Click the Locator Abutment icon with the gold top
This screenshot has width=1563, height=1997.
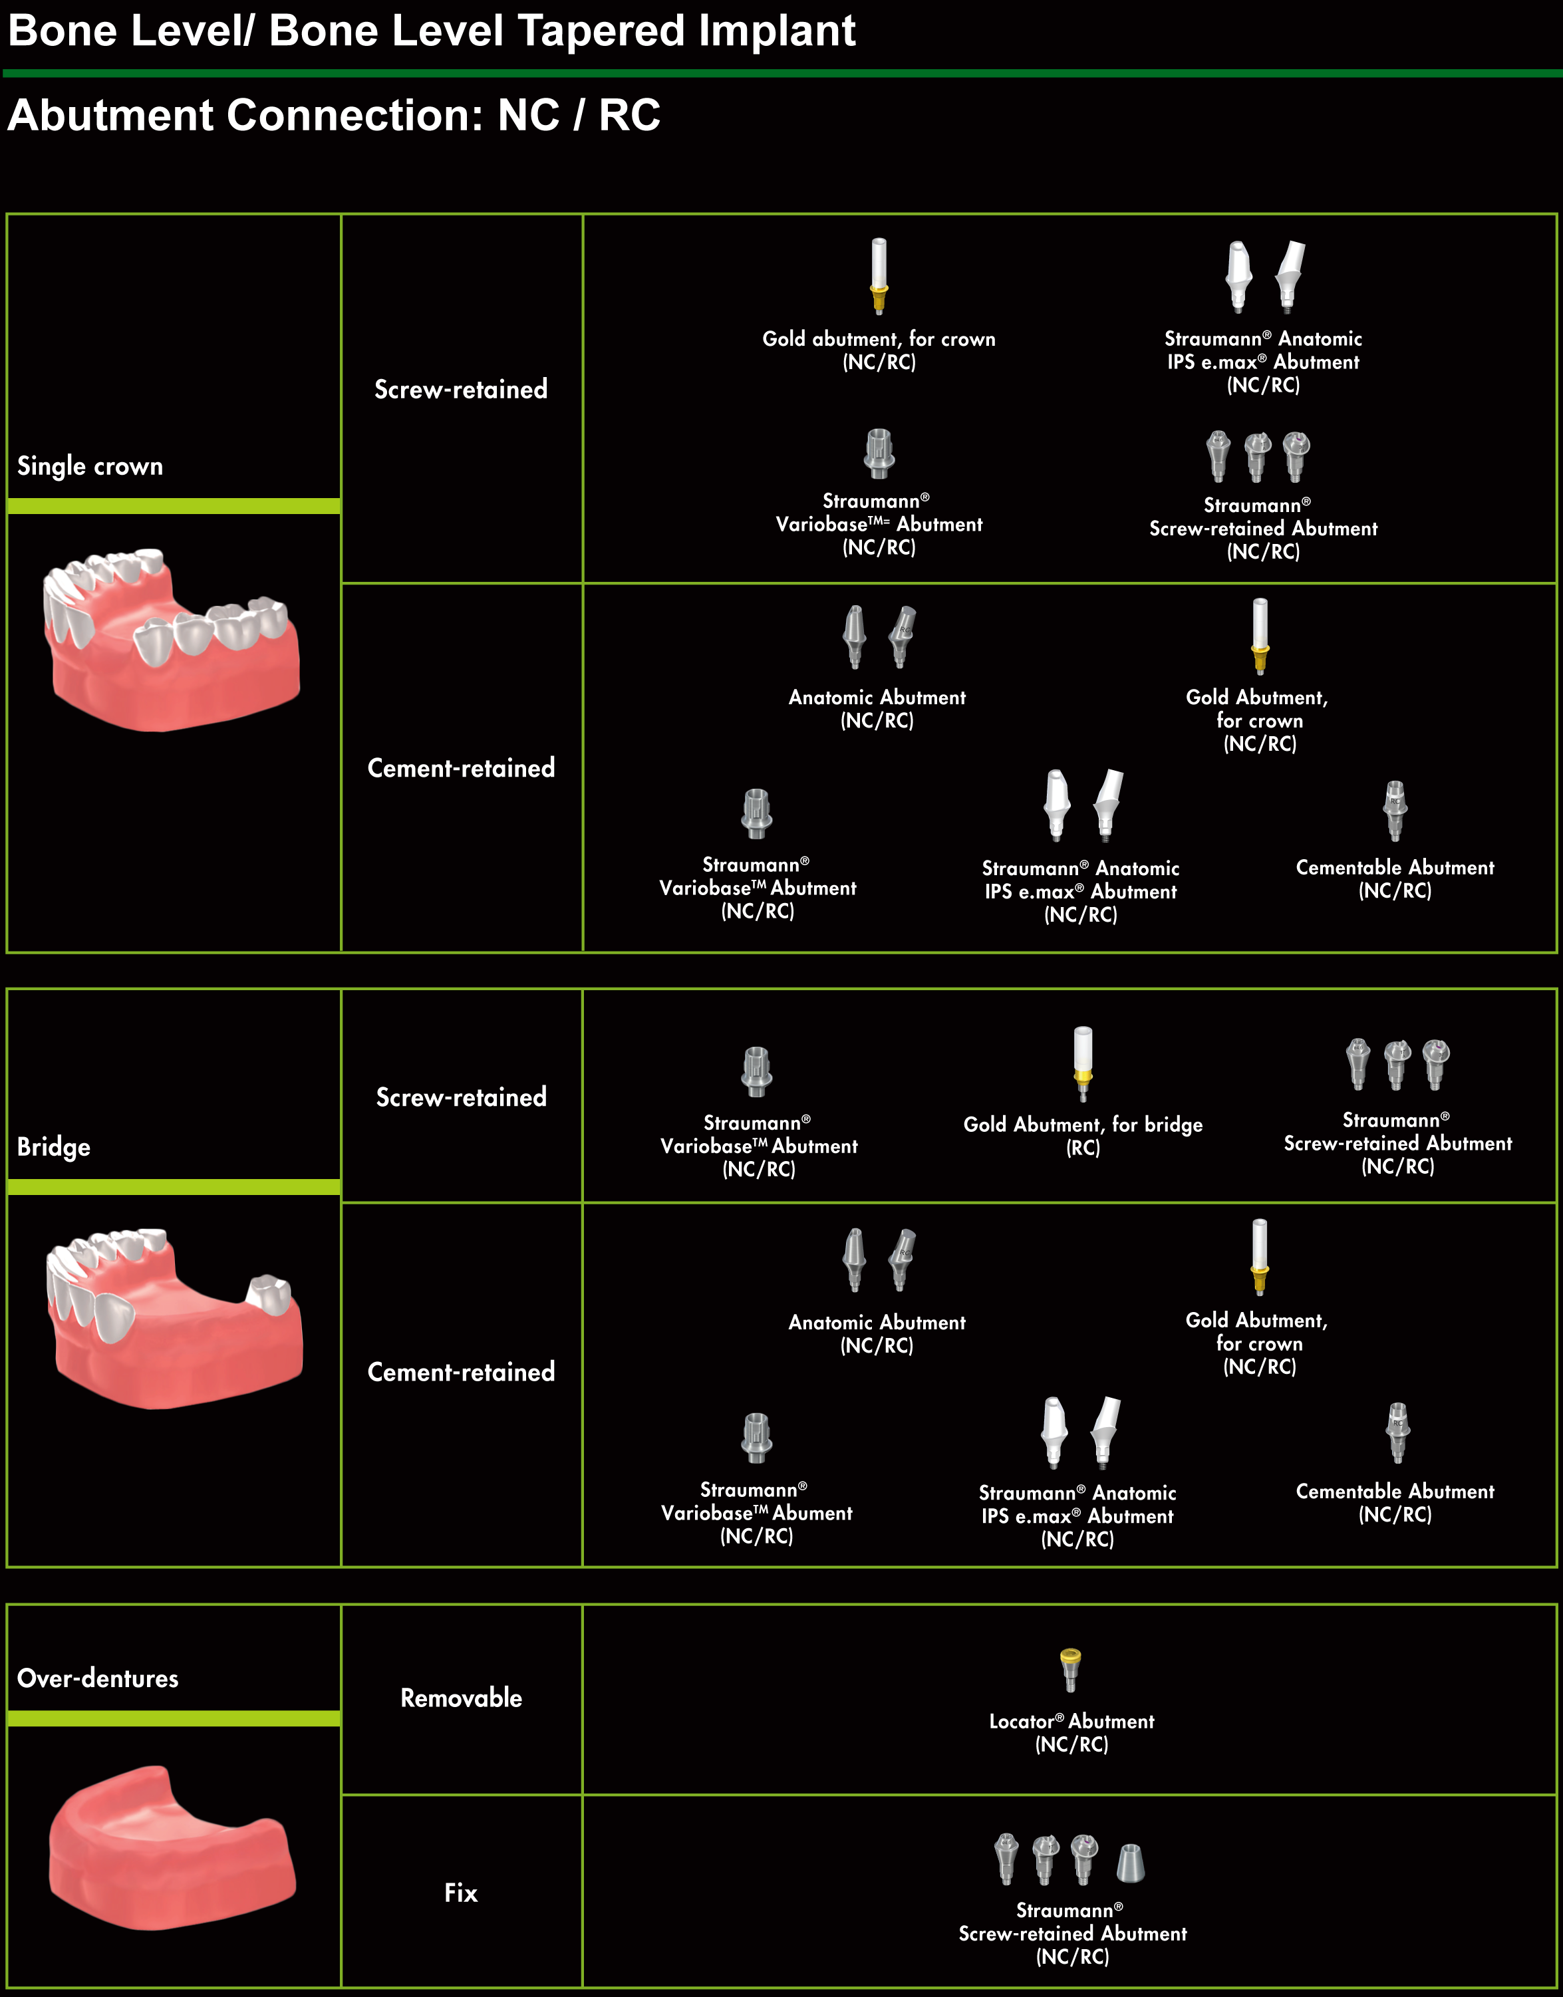point(1069,1670)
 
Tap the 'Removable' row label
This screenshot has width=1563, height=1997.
point(461,1698)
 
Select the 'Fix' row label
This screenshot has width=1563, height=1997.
point(461,1893)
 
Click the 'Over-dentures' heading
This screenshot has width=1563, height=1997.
point(98,1678)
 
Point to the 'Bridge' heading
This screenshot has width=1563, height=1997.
point(54,1147)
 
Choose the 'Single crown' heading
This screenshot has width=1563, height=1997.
point(90,467)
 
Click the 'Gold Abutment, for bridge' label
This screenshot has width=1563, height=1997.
point(1083,1135)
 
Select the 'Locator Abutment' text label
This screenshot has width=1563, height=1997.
point(1071,1732)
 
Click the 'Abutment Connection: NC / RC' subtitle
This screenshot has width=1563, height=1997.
point(334,115)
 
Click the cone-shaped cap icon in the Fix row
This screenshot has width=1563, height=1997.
point(1131,1863)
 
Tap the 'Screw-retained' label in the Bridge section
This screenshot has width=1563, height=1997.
point(461,1097)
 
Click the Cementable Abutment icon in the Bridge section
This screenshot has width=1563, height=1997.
point(1397,1432)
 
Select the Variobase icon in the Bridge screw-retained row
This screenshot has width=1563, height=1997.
point(757,1072)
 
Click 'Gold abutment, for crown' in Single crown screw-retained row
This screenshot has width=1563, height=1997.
point(879,350)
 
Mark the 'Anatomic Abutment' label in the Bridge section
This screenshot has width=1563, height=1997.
point(877,1334)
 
